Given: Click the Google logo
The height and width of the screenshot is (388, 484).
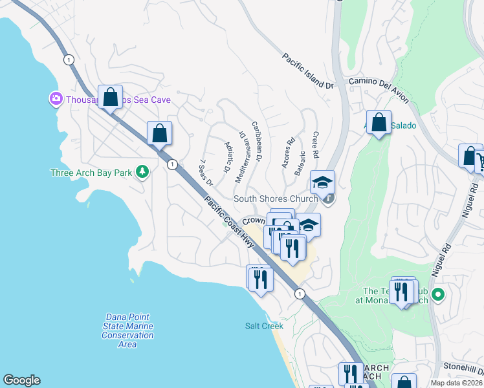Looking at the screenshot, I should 21,380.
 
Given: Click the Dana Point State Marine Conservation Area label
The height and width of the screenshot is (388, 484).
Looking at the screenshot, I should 127,330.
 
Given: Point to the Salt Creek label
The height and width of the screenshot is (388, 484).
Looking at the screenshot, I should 264,326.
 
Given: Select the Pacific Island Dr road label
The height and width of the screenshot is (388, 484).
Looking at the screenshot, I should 307,71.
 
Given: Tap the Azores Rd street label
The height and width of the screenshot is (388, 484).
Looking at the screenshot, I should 289,153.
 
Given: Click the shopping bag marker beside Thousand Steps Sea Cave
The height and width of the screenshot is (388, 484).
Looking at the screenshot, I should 110,97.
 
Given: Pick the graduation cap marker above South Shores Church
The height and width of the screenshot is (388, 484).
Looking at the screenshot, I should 322,182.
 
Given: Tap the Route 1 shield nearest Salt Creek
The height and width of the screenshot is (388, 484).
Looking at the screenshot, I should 299,294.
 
